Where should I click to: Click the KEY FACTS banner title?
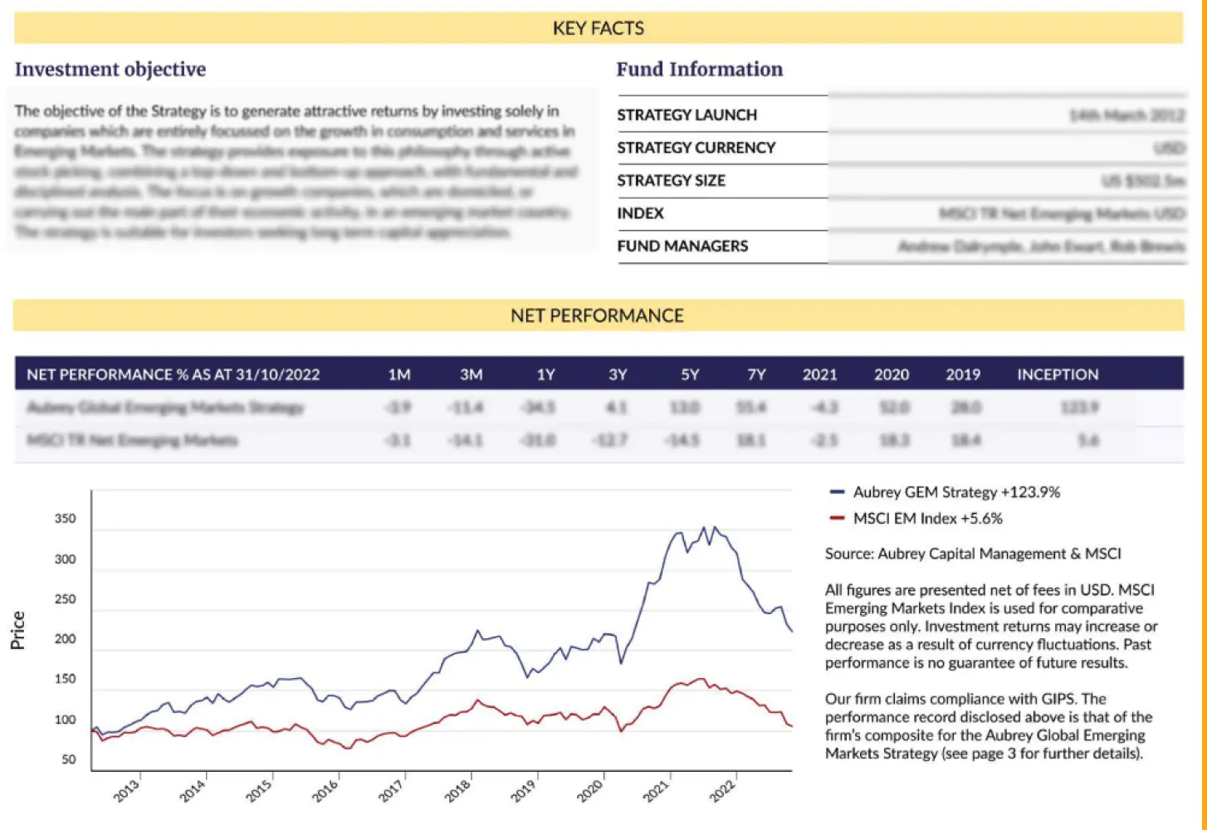pos(598,28)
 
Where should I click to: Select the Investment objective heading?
pos(110,70)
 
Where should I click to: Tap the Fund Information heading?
pos(699,70)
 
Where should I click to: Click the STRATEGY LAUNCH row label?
pos(687,115)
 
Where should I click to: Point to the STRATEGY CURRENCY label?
pos(696,148)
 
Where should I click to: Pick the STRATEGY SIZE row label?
pos(671,181)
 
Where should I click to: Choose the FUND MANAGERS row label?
pos(682,247)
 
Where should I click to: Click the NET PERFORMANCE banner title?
pos(597,316)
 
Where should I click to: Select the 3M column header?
pos(471,375)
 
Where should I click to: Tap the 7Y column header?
pos(756,375)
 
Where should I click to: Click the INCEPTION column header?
pos(1058,375)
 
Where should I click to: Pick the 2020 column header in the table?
pos(891,375)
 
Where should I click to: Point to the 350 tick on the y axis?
pos(65,519)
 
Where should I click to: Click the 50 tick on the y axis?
pos(68,759)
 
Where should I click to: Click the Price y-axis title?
pos(17,630)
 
